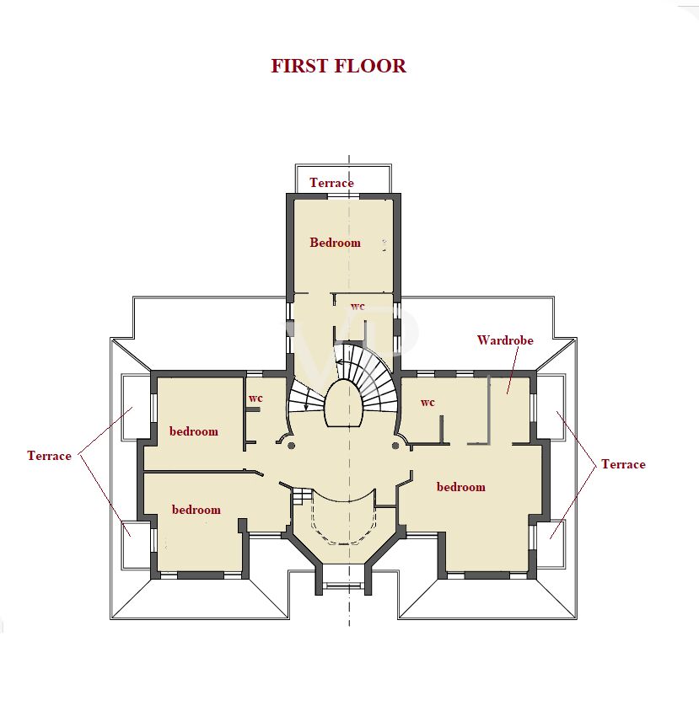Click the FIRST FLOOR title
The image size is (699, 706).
338,66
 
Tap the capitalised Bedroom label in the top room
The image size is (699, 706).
336,243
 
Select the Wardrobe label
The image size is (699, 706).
505,340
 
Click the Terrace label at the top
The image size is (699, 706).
331,182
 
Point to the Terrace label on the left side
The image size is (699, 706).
49,456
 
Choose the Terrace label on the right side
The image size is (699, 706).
623,464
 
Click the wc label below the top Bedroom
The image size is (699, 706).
358,306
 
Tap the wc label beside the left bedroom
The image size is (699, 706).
255,398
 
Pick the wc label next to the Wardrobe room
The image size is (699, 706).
427,402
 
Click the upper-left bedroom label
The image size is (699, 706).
194,431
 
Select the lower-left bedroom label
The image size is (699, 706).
196,510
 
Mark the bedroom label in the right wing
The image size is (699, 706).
461,487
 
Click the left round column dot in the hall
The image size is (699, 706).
291,446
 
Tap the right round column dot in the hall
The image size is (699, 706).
395,446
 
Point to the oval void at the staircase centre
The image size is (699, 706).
342,404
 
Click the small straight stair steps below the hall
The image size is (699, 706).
301,496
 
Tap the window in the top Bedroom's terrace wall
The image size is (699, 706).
343,196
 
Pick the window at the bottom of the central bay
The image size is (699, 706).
343,586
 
